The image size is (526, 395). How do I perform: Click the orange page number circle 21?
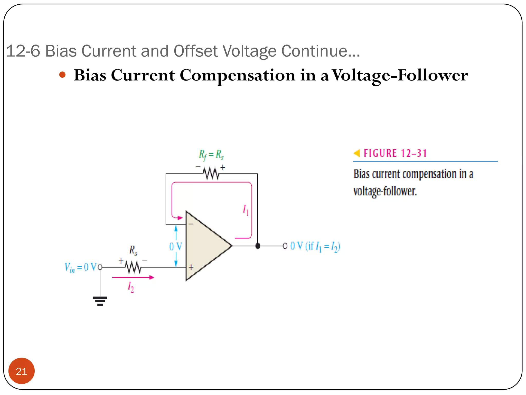click(x=21, y=371)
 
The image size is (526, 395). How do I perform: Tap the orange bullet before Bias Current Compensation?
click(x=62, y=75)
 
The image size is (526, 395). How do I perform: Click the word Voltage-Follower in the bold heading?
click(x=400, y=75)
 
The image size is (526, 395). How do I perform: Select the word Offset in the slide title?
click(x=196, y=51)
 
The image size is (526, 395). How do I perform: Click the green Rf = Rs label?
click(x=211, y=154)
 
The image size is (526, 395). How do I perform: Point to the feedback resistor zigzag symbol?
click(x=211, y=173)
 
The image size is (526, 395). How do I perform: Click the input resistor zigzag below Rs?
click(x=133, y=267)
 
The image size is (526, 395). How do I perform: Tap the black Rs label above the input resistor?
click(x=133, y=250)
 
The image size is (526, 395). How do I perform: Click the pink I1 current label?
click(x=246, y=210)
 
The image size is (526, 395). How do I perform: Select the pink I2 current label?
click(x=131, y=287)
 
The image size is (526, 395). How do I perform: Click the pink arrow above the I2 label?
click(x=133, y=277)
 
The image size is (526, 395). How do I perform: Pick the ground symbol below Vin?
click(x=100, y=301)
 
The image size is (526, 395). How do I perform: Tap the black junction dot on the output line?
click(x=258, y=246)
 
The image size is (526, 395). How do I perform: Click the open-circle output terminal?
click(x=285, y=246)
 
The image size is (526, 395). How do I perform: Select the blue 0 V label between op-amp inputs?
click(x=175, y=246)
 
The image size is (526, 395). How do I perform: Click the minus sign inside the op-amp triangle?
click(x=191, y=224)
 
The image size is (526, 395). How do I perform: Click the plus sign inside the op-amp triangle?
click(x=191, y=267)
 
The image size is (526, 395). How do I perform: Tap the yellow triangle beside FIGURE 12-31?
click(x=357, y=153)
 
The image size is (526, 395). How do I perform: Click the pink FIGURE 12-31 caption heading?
click(x=395, y=153)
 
